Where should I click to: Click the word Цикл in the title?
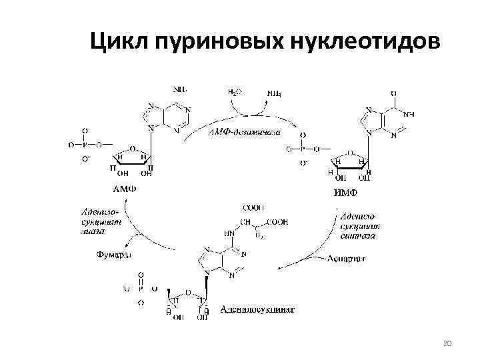tap(119, 42)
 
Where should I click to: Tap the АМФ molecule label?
tap(125, 188)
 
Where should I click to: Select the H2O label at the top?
tap(234, 93)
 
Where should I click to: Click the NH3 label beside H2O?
tap(273, 93)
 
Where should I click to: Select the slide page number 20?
tap(447, 343)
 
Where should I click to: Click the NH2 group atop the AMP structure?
tap(180, 87)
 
